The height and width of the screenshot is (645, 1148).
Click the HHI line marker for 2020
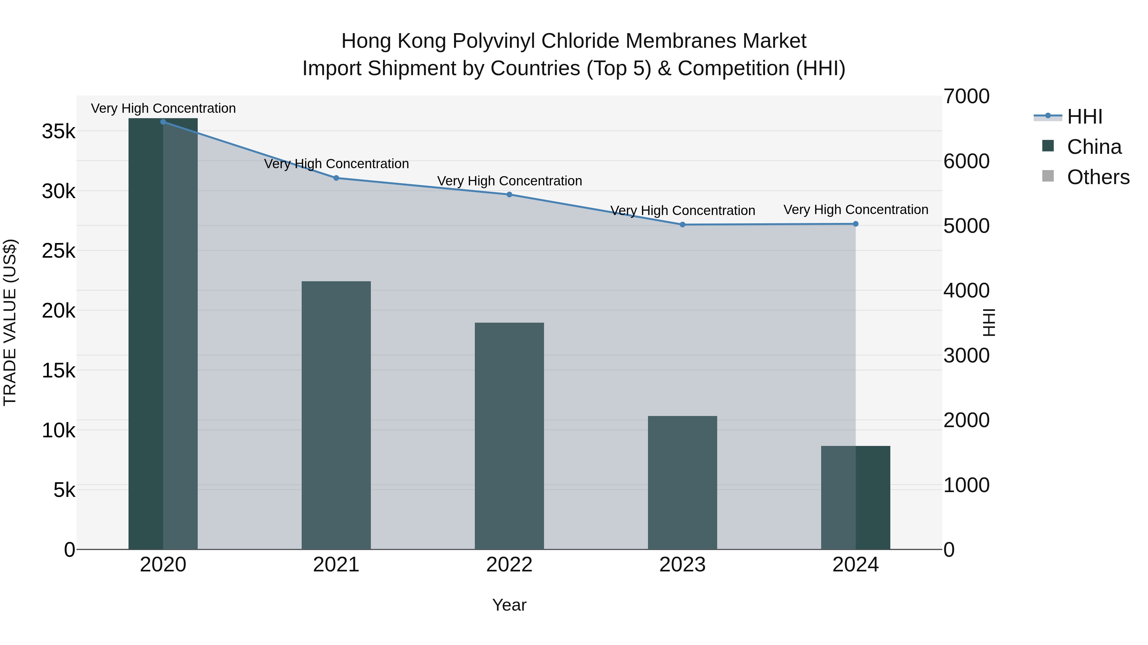[163, 122]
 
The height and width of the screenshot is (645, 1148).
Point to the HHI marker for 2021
[336, 178]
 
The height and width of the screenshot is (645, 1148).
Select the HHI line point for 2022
[509, 195]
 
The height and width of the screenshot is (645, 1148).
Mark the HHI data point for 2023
[682, 225]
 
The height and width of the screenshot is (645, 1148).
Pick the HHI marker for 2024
[855, 224]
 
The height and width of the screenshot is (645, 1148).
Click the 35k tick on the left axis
[58, 132]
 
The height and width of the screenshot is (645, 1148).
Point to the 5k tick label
[64, 491]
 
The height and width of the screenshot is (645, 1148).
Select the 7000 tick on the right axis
[966, 97]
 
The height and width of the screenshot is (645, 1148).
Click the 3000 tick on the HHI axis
[966, 356]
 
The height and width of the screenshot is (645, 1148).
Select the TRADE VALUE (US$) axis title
[10, 322]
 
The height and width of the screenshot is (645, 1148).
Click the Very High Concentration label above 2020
[163, 109]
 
